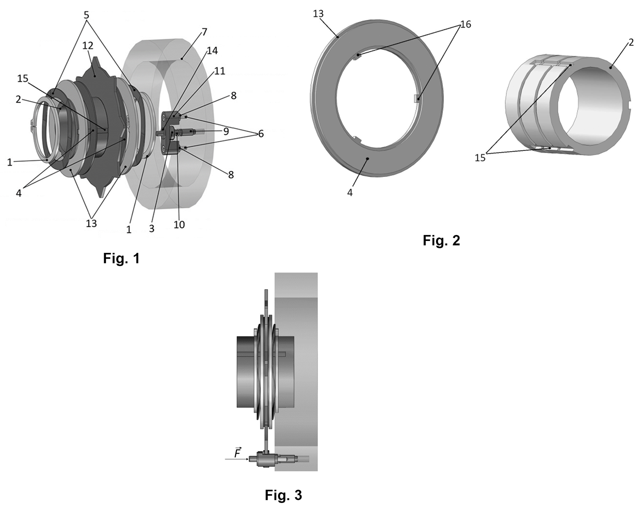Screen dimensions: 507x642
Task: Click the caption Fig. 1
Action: [x=121, y=258]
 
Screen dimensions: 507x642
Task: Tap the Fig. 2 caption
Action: [x=441, y=240]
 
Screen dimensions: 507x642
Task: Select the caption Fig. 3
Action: [x=283, y=495]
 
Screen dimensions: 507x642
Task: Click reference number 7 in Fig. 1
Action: [x=204, y=32]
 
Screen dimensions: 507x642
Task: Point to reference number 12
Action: [x=88, y=46]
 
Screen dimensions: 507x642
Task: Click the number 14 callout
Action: [x=212, y=51]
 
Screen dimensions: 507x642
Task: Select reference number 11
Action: [x=220, y=71]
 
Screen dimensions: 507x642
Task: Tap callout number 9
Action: [x=226, y=132]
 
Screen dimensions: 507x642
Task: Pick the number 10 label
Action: [x=179, y=225]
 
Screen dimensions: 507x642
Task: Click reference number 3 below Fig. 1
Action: [x=152, y=229]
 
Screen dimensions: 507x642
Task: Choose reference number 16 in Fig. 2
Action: [x=466, y=24]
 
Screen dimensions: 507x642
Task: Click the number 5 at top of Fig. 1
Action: [x=86, y=15]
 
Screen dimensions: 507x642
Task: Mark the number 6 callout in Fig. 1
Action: [x=261, y=134]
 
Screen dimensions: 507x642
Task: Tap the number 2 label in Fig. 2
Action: [x=631, y=43]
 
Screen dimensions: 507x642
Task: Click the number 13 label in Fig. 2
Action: [x=318, y=14]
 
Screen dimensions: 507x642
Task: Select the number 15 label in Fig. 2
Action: [x=480, y=158]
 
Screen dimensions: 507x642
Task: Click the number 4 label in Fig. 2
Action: [x=350, y=192]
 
